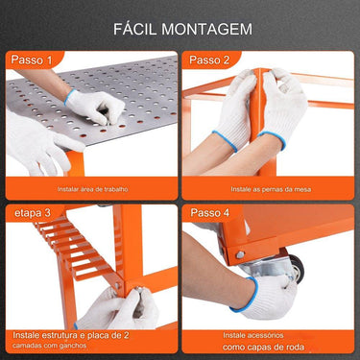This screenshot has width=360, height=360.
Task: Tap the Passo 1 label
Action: click(32, 60)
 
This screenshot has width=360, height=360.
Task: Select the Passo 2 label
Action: click(209, 60)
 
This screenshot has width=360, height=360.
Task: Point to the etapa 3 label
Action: click(33, 212)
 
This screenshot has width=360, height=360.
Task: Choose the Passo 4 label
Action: click(209, 212)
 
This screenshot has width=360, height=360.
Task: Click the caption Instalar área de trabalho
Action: click(91, 189)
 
